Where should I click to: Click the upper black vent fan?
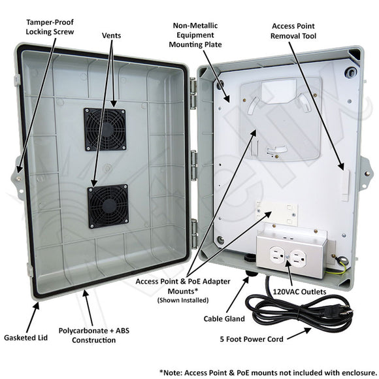pos(105,130)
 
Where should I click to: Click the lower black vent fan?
pos(109,206)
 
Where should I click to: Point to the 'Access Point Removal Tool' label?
pos(294,31)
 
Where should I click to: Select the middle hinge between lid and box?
pos(193,159)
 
